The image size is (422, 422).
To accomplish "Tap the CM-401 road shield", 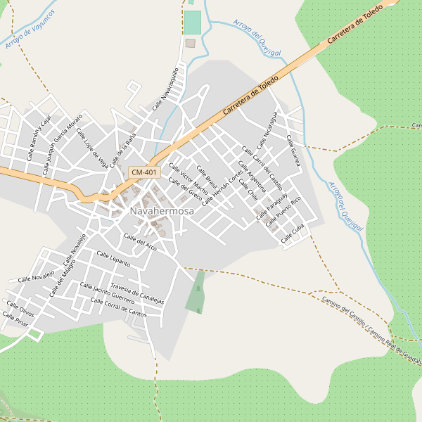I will tap(144, 172).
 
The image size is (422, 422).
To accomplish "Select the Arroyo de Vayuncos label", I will tap(30, 30).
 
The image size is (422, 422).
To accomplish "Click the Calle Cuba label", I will tap(293, 234).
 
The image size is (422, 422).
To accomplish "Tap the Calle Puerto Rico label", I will tap(288, 210).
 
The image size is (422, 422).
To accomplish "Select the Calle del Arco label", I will tap(141, 242).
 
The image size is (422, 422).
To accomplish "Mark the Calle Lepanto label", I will tap(113, 259).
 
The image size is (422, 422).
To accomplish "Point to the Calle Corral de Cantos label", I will tap(119, 309).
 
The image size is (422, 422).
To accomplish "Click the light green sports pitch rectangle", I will tap(192, 22).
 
